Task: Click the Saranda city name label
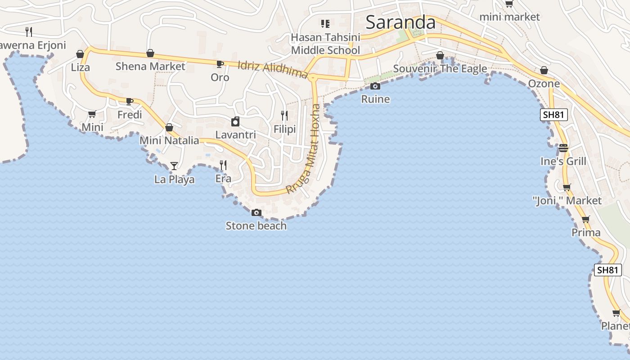pos(400,22)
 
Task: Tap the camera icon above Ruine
pos(375,86)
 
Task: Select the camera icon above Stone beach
pos(256,213)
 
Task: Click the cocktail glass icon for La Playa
pos(174,166)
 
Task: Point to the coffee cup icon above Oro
pos(220,64)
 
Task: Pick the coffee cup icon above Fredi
pos(130,101)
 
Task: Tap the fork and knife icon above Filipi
pos(284,116)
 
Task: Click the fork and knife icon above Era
pos(223,165)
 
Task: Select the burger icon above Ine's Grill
pos(563,148)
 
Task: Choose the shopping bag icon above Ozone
pos(544,71)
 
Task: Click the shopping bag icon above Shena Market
pos(150,54)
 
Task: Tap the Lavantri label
pos(235,135)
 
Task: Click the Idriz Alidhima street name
pos(273,70)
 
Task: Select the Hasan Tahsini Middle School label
pos(325,44)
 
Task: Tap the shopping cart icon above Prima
pos(585,220)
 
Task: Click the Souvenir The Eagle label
pos(440,68)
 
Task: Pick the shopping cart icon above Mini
pos(92,114)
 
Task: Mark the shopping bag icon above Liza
pos(80,54)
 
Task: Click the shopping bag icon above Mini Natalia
pos(169,128)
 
